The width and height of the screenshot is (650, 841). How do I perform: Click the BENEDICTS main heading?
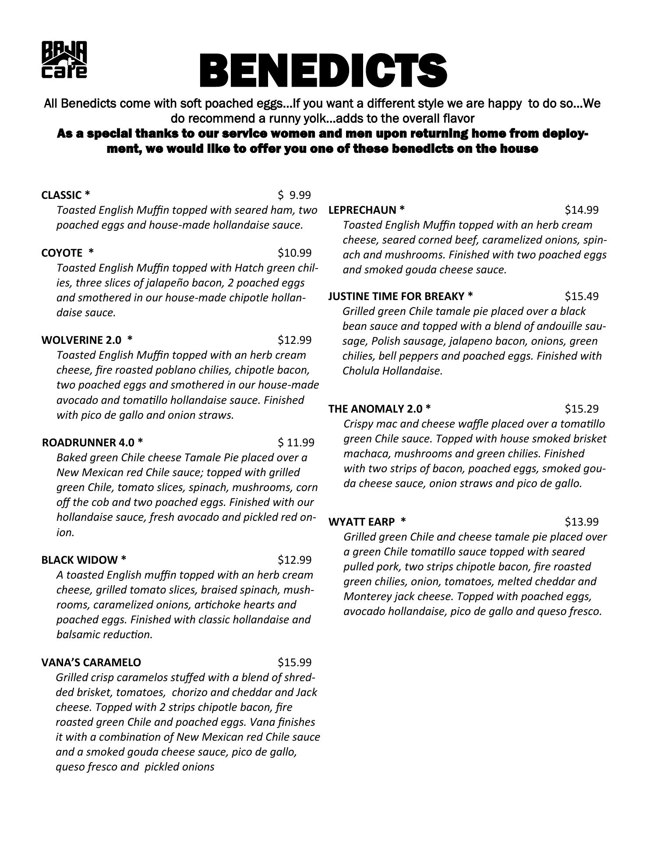323,71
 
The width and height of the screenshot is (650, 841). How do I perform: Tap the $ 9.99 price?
294,194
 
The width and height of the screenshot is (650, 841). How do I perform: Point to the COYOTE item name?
67,253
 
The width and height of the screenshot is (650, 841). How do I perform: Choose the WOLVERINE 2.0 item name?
87,339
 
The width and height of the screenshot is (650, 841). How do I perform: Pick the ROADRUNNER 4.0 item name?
92,442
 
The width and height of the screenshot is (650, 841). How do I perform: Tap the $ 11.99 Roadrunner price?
296,442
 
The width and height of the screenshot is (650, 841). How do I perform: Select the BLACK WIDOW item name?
84,560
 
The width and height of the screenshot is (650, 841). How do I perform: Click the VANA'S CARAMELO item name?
91,662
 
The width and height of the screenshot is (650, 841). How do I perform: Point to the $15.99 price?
294,662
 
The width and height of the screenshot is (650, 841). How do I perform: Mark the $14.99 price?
581,210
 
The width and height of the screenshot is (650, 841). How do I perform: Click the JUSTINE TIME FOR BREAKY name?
400,296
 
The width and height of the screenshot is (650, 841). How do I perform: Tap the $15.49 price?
581,296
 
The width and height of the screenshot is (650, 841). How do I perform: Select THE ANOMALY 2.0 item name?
379,409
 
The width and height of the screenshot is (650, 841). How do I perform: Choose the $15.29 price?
581,409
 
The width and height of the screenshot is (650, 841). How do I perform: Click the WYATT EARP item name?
367,522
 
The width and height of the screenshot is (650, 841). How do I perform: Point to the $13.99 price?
581,522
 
